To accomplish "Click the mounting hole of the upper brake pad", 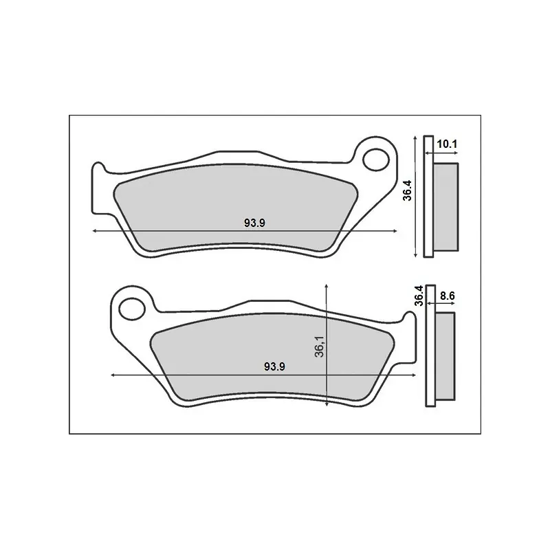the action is [x=375, y=160].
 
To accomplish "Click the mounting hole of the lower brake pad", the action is [x=132, y=309].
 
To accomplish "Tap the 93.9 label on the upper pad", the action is [x=254, y=223].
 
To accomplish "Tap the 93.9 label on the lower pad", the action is [x=274, y=366].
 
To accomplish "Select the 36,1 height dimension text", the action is [x=320, y=346].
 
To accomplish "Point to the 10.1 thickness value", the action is [x=447, y=144].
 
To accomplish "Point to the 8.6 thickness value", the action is [x=448, y=296].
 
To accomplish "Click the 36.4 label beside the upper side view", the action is [x=408, y=190].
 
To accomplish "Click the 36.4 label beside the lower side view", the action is [x=419, y=296].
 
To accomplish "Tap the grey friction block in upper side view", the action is [x=445, y=207].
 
